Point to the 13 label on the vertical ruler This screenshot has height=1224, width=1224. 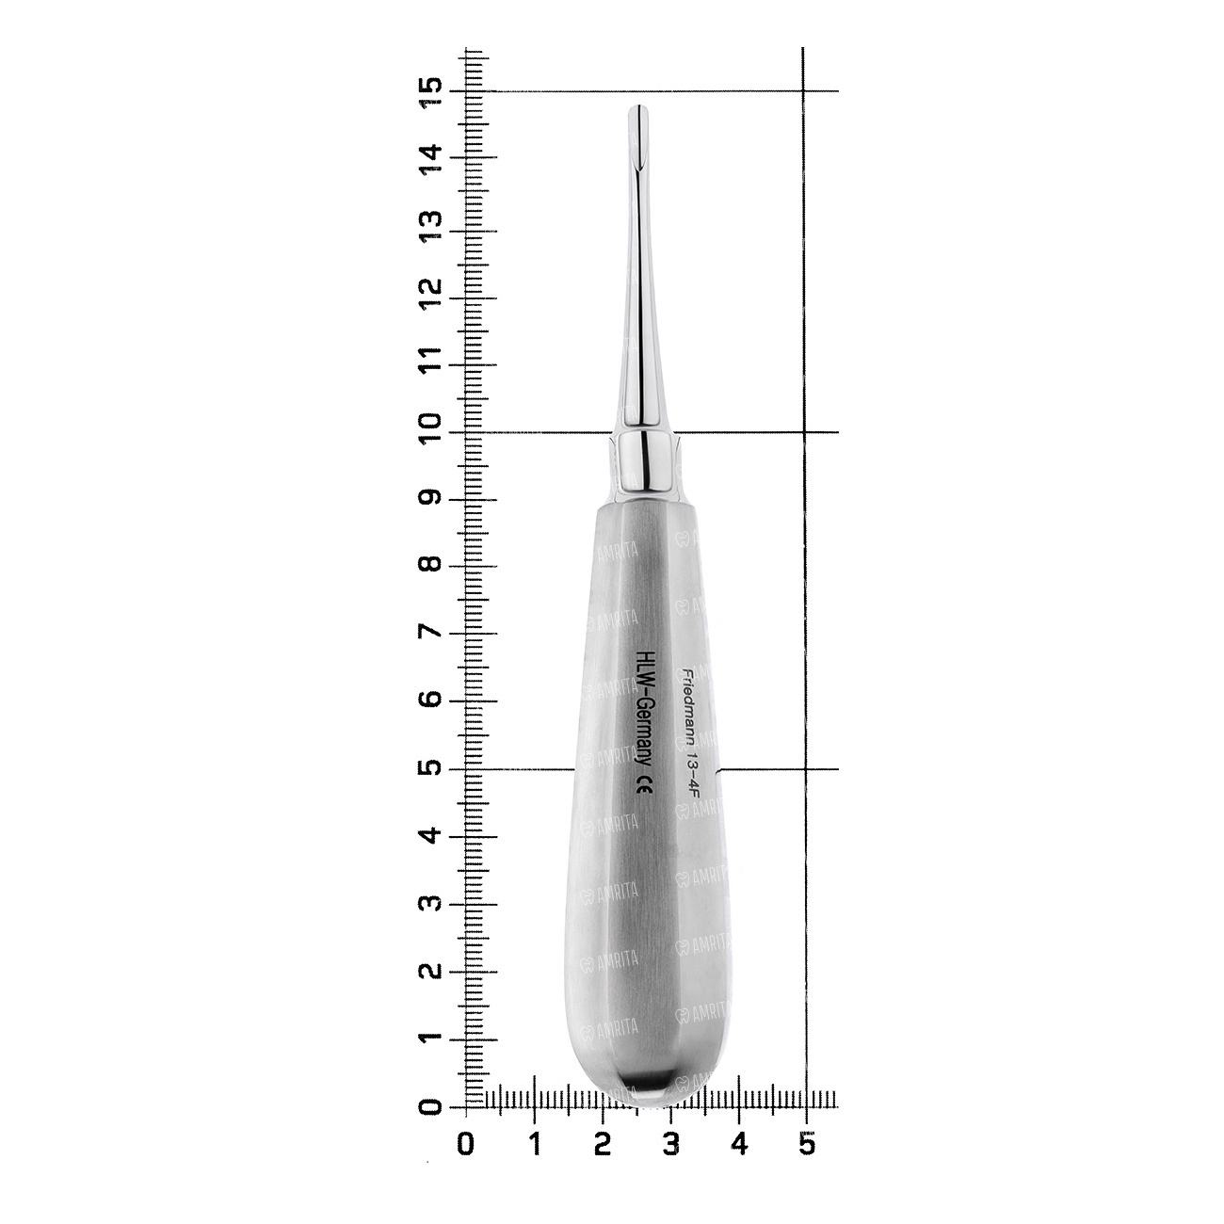[x=431, y=227]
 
